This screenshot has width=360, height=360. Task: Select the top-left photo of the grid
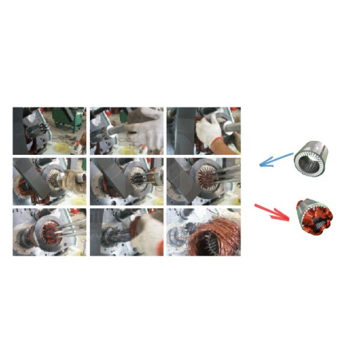point(49,131)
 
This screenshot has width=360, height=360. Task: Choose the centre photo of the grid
point(127,181)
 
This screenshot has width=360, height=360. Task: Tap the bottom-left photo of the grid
point(49,232)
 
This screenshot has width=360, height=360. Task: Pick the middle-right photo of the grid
point(204,181)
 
